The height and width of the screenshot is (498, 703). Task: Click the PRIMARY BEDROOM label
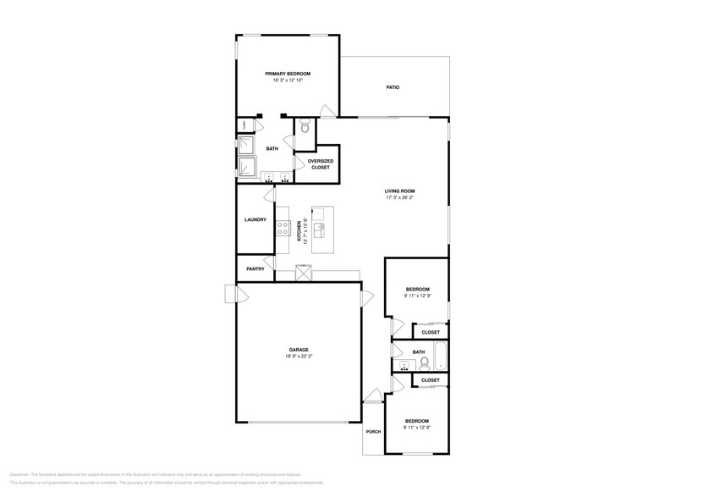click(287, 74)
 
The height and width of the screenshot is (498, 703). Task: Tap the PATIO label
click(393, 87)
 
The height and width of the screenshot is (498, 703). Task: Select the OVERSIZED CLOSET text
click(320, 163)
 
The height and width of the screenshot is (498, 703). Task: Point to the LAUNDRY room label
click(255, 220)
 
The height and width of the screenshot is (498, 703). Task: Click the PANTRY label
click(255, 269)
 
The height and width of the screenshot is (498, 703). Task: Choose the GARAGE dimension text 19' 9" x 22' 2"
click(298, 357)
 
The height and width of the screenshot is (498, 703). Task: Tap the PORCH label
click(373, 432)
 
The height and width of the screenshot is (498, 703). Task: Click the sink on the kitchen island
click(320, 229)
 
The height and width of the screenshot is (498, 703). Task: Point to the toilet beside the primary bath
click(305, 127)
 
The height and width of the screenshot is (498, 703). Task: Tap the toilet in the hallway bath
click(425, 364)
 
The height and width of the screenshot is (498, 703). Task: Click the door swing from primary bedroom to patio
click(327, 111)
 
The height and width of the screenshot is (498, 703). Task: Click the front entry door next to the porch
click(373, 394)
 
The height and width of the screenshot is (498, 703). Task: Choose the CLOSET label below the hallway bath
click(430, 381)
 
